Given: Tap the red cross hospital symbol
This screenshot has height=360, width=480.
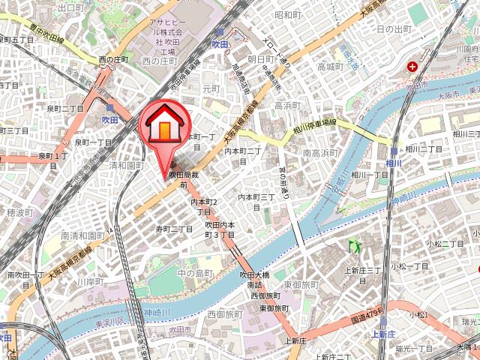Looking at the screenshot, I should (x=412, y=67).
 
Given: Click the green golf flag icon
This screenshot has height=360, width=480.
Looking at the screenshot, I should (x=353, y=246).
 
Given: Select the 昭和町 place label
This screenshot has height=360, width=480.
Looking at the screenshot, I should (x=287, y=14).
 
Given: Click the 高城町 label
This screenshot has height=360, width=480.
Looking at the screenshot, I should (x=329, y=67).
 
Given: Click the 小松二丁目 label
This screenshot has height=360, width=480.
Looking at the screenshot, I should (x=445, y=244).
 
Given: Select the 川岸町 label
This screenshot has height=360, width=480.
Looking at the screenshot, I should (x=89, y=282).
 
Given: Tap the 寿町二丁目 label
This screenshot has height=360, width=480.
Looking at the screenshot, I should (x=175, y=229).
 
